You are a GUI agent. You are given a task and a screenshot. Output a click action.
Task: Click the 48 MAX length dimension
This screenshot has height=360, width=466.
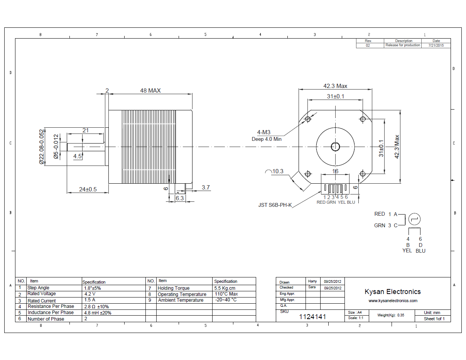(150, 91)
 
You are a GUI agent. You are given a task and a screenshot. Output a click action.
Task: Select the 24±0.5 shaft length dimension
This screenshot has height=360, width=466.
(88, 189)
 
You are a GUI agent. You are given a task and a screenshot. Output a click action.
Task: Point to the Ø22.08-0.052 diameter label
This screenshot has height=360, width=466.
(42, 147)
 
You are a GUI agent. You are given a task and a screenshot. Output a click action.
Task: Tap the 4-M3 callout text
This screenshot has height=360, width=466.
(264, 132)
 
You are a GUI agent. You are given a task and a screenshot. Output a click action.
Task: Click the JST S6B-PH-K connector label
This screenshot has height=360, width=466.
(275, 205)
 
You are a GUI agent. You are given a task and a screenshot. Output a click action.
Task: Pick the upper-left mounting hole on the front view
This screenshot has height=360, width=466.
(308, 119)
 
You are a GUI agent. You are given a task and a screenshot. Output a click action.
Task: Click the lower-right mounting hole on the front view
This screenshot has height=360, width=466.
(363, 174)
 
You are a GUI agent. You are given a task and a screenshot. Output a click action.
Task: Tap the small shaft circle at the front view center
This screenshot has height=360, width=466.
(335, 147)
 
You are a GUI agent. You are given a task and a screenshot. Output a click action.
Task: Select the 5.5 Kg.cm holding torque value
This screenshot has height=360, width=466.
(225, 288)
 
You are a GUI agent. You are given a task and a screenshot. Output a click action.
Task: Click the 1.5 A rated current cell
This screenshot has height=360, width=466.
(89, 300)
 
